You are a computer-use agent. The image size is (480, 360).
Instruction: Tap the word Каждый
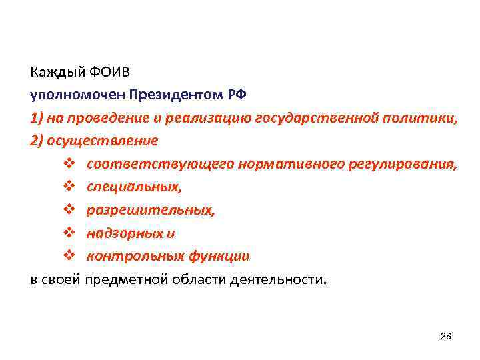tap(53, 71)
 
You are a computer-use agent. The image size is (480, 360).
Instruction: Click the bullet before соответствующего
tap(73, 164)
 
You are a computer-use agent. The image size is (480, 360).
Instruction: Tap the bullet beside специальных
tap(73, 187)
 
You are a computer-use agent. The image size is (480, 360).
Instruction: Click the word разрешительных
tap(151, 210)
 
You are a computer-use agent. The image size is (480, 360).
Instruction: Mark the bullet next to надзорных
tap(73, 233)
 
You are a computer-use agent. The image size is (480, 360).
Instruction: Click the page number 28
tap(446, 336)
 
